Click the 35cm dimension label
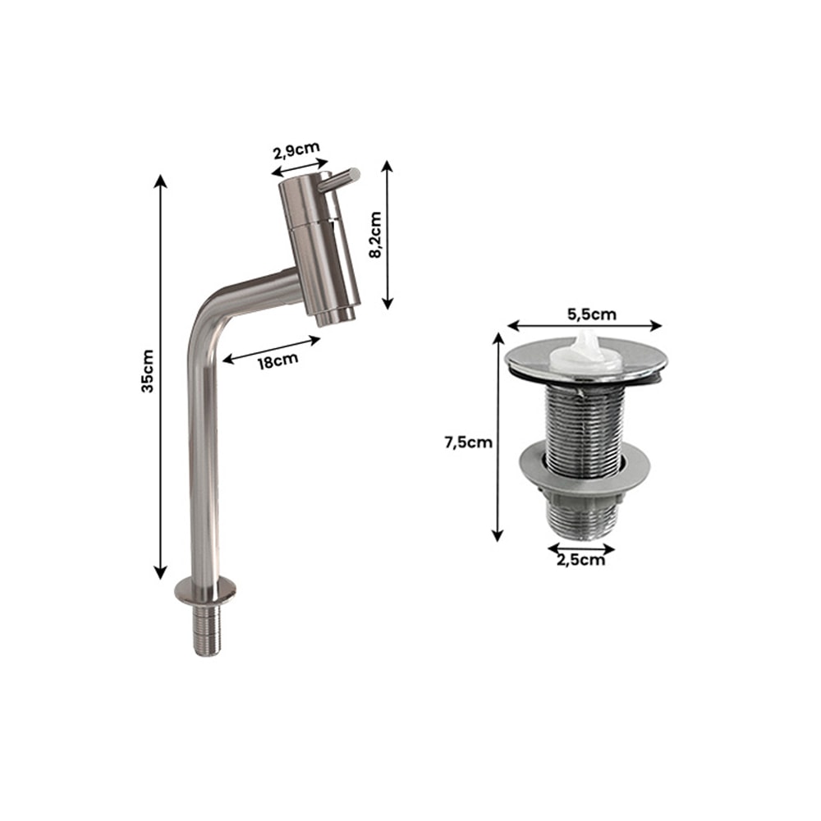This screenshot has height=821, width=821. [x=148, y=371]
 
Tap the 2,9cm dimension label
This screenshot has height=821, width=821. [x=296, y=150]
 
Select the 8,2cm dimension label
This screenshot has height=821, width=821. [x=375, y=235]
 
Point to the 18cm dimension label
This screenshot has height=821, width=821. [x=277, y=361]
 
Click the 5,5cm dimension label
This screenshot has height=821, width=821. [x=592, y=314]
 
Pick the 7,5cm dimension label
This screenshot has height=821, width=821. [x=469, y=443]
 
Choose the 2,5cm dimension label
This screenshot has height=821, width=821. [x=580, y=560]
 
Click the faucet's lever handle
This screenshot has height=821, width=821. [x=339, y=180]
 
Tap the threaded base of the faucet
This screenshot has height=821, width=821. [x=207, y=630]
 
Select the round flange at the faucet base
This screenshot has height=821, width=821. [x=205, y=590]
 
